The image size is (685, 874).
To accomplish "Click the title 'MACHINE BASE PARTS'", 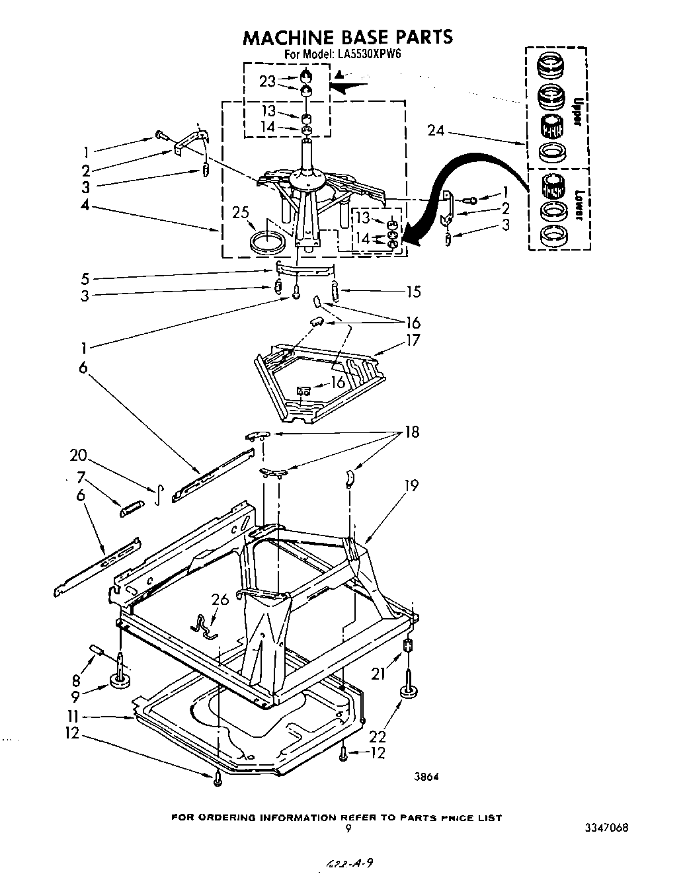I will click(348, 37).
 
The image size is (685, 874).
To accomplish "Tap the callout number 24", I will click(436, 130).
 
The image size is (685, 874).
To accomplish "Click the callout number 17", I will click(413, 340).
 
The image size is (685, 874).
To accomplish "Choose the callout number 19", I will click(411, 486).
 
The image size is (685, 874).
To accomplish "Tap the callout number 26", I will click(220, 599).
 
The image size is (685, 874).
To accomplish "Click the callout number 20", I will click(79, 456).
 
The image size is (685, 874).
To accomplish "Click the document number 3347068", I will click(606, 827).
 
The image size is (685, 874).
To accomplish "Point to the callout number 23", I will click(267, 82).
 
